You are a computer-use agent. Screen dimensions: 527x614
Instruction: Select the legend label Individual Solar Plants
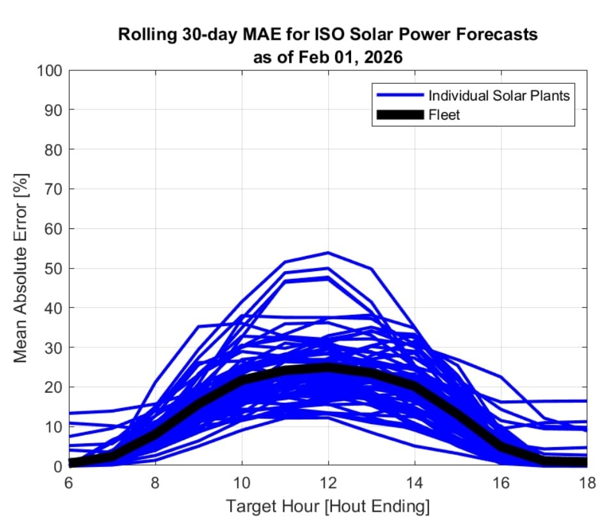pyautogui.click(x=499, y=96)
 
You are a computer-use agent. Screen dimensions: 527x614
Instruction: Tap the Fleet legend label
pyautogui.click(x=444, y=115)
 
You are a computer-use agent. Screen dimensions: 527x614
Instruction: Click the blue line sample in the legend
pyautogui.click(x=400, y=96)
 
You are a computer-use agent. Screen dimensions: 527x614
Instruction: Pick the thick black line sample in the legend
pyautogui.click(x=400, y=115)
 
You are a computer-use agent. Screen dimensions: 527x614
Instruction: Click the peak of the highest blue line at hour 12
pyautogui.click(x=327, y=253)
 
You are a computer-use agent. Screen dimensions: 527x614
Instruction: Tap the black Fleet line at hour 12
pyautogui.click(x=327, y=368)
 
